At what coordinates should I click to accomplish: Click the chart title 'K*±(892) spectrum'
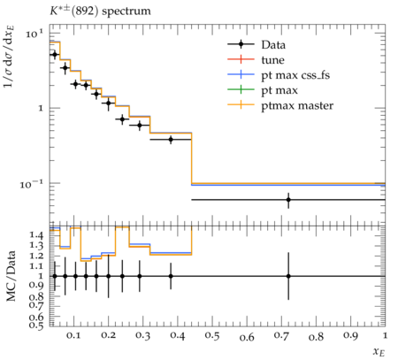100,11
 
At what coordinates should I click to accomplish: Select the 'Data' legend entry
256,45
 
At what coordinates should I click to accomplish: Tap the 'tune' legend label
272,60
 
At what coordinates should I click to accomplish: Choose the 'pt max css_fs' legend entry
295,75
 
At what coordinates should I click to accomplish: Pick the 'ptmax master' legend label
297,105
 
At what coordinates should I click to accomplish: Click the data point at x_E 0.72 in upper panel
288,200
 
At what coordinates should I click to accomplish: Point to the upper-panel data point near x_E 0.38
171,139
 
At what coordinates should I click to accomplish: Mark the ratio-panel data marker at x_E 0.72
288,276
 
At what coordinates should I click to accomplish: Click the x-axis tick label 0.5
212,336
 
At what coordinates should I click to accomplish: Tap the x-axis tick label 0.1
73,335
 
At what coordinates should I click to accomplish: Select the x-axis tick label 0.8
316,336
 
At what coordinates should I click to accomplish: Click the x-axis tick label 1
385,335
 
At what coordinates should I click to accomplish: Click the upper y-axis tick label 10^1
34,34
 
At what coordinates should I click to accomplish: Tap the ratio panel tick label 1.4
36,235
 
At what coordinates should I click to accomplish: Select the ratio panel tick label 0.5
36,325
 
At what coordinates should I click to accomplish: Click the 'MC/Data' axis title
11,276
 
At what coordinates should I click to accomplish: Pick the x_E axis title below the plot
379,351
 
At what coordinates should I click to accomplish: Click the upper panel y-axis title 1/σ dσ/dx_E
10,56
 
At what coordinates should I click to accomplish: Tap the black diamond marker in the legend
241,45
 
